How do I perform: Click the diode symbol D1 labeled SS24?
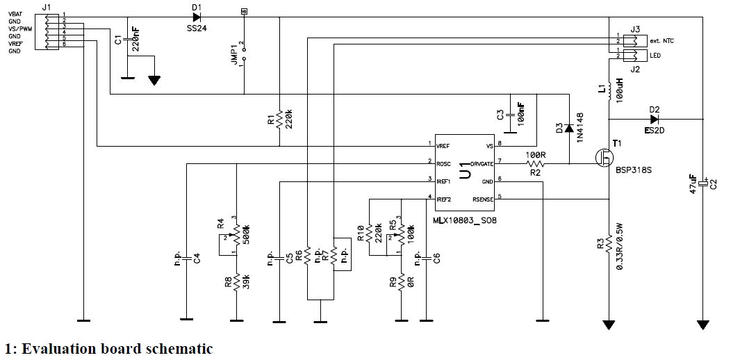[x=197, y=17]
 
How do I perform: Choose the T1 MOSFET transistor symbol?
[x=605, y=158]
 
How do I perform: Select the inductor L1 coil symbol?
[x=611, y=91]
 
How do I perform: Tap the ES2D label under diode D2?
[x=655, y=130]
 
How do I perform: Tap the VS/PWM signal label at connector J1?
[x=19, y=28]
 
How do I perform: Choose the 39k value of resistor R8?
[x=247, y=281]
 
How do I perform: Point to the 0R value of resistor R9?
[x=413, y=283]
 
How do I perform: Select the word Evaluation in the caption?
[x=60, y=349]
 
